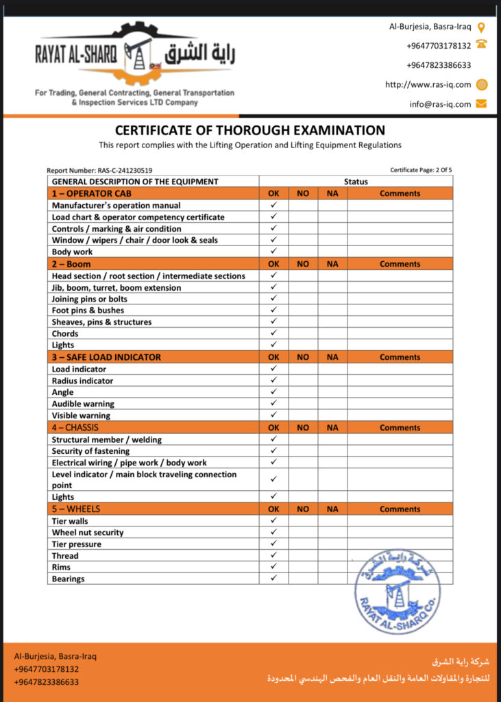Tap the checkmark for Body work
tap(273, 252)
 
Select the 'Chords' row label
tap(65, 334)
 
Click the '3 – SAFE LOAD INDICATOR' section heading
tap(107, 357)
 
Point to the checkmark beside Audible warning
tap(273, 404)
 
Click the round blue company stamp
tap(398, 591)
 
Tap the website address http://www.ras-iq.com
tap(428, 85)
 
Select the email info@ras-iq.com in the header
tap(440, 104)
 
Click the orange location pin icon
tap(481, 27)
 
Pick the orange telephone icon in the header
tap(481, 45)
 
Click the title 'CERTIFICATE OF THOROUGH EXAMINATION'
tap(250, 130)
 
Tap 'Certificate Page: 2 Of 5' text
tap(421, 170)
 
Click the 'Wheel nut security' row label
tap(88, 533)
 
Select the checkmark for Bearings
tap(273, 579)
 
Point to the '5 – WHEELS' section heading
tap(76, 509)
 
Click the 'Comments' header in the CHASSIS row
tap(400, 428)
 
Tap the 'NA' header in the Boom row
tap(332, 264)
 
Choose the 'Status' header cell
tap(356, 182)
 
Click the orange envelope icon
tap(481, 104)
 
